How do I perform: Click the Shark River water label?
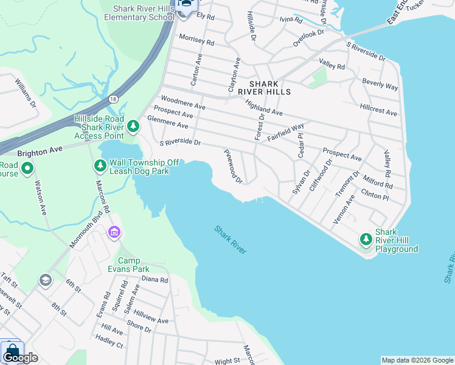(230, 240)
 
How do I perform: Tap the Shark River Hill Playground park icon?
(366, 240)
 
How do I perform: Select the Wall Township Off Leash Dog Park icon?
(100, 165)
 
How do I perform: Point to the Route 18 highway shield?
(113, 99)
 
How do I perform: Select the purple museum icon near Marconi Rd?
(114, 232)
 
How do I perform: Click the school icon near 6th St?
(44, 280)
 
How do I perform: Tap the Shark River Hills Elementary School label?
(139, 13)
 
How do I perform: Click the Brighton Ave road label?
(40, 149)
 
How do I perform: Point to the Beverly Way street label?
(380, 84)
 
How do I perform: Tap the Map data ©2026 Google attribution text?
(417, 360)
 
